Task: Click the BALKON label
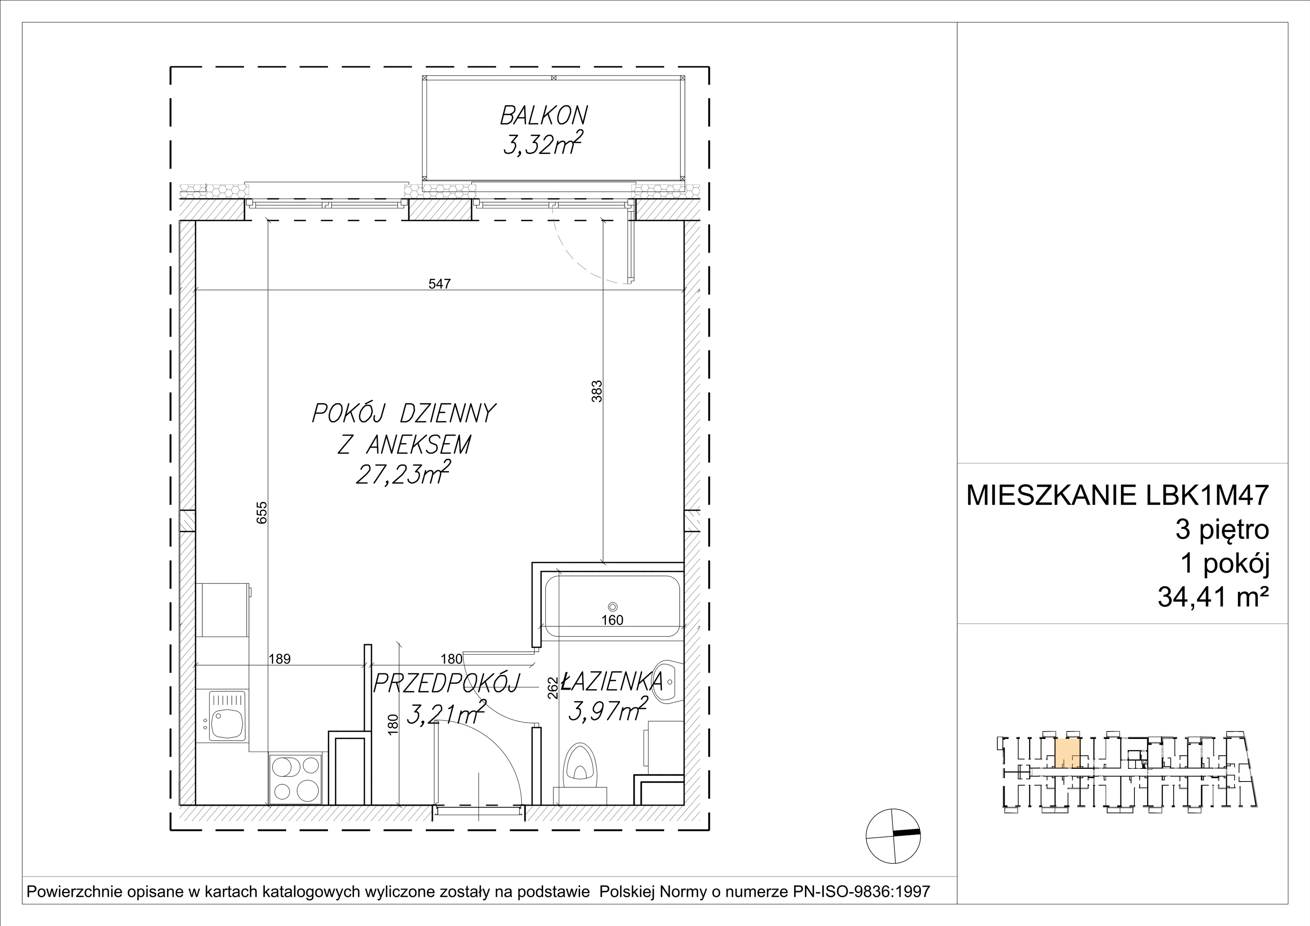(x=543, y=116)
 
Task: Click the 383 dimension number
(x=597, y=391)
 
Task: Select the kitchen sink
(x=228, y=716)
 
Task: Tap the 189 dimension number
(x=280, y=659)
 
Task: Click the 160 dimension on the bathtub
(x=612, y=620)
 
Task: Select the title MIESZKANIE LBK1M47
(x=1118, y=495)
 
